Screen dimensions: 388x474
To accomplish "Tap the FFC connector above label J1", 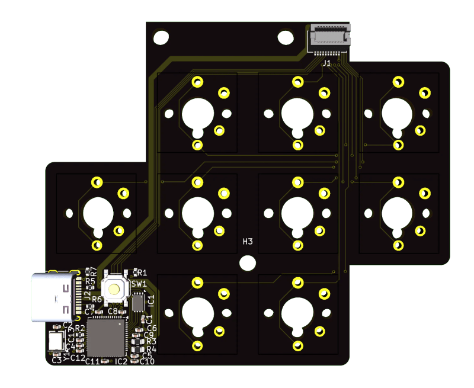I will click(329, 39).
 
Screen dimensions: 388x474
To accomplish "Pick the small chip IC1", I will click(138, 303).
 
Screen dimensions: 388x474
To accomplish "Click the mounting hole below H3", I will click(247, 262).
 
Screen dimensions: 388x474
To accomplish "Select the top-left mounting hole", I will click(161, 38).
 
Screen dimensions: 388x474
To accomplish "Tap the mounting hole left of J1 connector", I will click(286, 37).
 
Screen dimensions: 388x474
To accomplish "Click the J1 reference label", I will click(326, 62).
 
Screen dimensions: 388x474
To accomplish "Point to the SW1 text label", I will click(139, 284).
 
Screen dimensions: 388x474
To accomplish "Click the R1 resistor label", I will click(142, 272).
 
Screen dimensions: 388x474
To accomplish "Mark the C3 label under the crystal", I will click(57, 360).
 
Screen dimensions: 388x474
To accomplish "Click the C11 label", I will click(92, 361).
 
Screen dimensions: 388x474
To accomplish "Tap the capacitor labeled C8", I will click(113, 310).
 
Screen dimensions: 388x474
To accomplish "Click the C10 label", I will click(146, 361).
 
